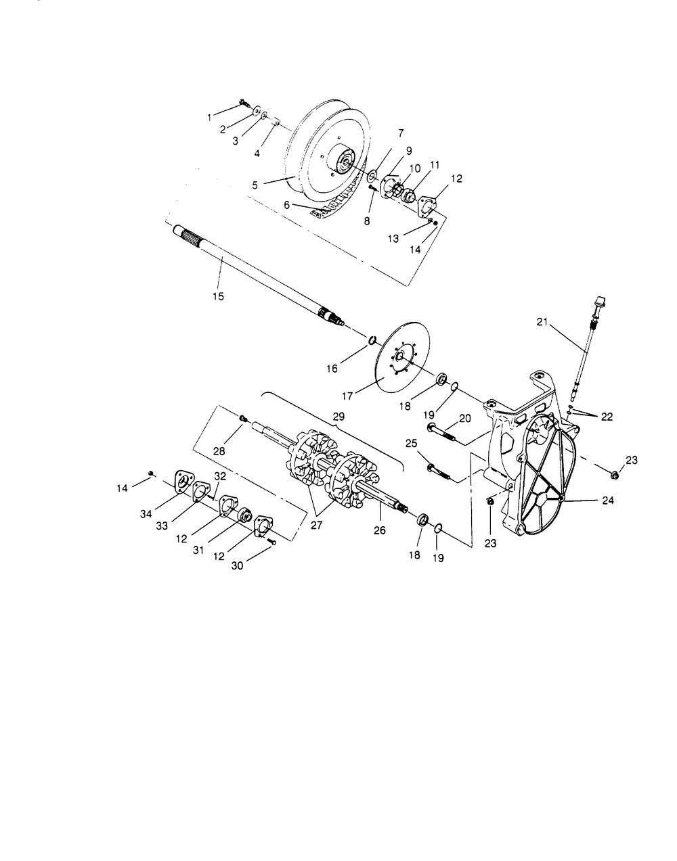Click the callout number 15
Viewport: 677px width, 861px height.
click(x=218, y=296)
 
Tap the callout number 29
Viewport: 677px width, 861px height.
click(x=338, y=417)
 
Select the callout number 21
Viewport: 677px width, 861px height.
click(x=542, y=322)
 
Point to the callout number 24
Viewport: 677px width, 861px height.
click(x=607, y=501)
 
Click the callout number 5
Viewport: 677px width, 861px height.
click(x=255, y=185)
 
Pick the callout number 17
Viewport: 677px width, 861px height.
click(x=348, y=396)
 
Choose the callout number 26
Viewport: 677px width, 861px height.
click(x=380, y=530)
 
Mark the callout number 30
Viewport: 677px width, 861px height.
click(x=237, y=566)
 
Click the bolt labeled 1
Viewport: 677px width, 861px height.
click(x=244, y=103)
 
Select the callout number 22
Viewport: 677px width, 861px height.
click(x=607, y=417)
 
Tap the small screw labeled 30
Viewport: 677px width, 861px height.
click(x=271, y=541)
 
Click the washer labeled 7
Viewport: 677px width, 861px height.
click(x=373, y=174)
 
